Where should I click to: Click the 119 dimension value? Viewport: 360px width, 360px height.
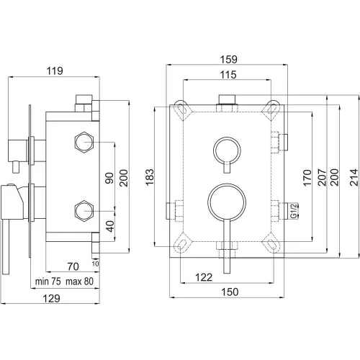click(x=55, y=71)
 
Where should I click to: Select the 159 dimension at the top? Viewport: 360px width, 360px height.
click(x=229, y=59)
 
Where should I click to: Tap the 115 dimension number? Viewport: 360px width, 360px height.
click(x=228, y=75)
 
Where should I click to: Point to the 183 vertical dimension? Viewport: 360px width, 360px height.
click(x=150, y=177)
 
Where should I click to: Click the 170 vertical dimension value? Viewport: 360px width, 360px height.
click(x=307, y=178)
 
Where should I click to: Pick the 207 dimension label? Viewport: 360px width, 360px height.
click(x=322, y=177)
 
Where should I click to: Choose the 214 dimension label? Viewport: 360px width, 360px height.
click(x=354, y=177)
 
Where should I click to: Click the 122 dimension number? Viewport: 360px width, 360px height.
click(x=204, y=277)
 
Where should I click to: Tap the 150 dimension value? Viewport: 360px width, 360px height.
click(x=230, y=292)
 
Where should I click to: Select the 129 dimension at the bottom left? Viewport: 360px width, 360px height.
click(x=51, y=299)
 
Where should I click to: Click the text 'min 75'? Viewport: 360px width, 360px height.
click(x=48, y=282)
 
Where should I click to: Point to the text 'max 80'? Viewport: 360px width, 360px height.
click(x=80, y=282)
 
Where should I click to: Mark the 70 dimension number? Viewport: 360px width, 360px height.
click(x=73, y=266)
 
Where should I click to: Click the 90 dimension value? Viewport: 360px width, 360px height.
click(x=109, y=178)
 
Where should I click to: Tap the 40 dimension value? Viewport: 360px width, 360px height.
click(x=110, y=226)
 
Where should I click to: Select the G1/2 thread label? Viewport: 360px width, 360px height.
click(x=294, y=211)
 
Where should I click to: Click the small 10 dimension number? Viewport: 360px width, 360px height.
click(x=95, y=264)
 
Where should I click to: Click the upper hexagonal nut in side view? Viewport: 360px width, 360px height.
click(x=84, y=143)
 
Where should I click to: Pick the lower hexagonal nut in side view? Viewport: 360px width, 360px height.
click(x=84, y=211)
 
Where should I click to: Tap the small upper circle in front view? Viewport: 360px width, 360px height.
click(x=227, y=138)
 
